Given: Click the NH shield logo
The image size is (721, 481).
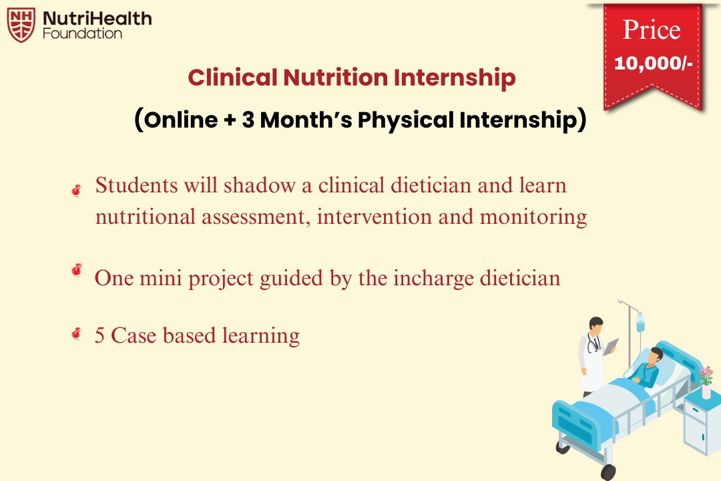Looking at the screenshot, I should (21, 25).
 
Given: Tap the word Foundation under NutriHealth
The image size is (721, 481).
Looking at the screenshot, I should (82, 33).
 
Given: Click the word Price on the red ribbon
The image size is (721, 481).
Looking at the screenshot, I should (651, 30).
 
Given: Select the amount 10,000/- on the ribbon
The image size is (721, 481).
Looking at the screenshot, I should (652, 64).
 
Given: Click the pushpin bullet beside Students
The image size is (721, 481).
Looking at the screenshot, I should (76, 190).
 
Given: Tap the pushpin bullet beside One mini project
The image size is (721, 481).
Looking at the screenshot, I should (76, 270).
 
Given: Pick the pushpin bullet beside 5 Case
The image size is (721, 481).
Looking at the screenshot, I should (76, 333).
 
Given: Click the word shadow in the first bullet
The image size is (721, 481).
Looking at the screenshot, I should (259, 185).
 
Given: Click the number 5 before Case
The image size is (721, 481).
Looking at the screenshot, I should (99, 335).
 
